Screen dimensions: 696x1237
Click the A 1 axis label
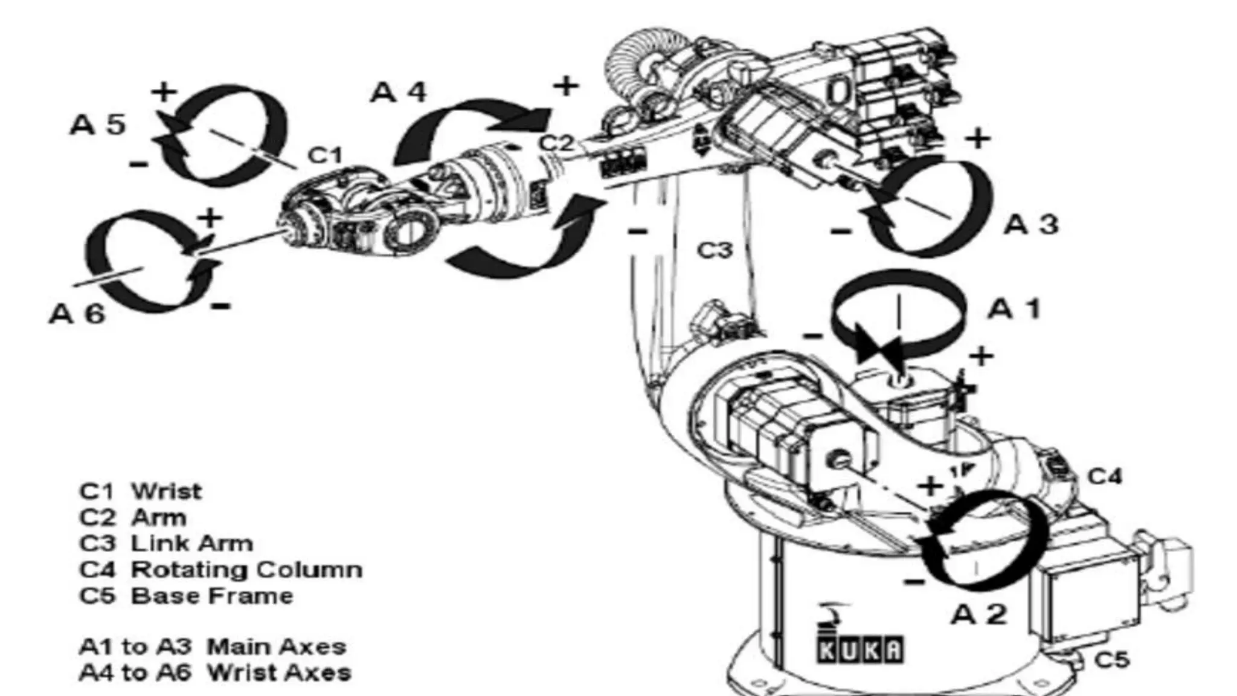(x=1014, y=309)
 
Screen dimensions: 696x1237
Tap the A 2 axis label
(x=978, y=615)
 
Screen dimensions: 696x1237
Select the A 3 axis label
(x=1031, y=225)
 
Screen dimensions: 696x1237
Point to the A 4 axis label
(x=399, y=92)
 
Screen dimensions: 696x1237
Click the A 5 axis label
(x=98, y=124)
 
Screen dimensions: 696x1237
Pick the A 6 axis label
(x=77, y=314)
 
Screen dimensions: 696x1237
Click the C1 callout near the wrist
(x=325, y=155)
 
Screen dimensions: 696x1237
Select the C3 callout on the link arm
(x=715, y=250)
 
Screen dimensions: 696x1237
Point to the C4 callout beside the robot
(x=1105, y=477)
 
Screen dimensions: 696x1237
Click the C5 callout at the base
(x=1112, y=660)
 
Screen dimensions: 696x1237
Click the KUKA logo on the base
(x=860, y=649)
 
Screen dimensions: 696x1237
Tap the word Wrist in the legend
(x=167, y=491)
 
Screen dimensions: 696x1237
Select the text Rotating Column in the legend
(x=247, y=570)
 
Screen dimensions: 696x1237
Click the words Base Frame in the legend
(x=212, y=596)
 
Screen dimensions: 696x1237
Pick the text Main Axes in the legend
(x=277, y=647)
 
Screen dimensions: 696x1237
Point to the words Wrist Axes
(x=279, y=672)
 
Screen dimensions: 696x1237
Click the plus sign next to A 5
(x=164, y=92)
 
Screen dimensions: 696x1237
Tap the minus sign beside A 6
(x=221, y=306)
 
